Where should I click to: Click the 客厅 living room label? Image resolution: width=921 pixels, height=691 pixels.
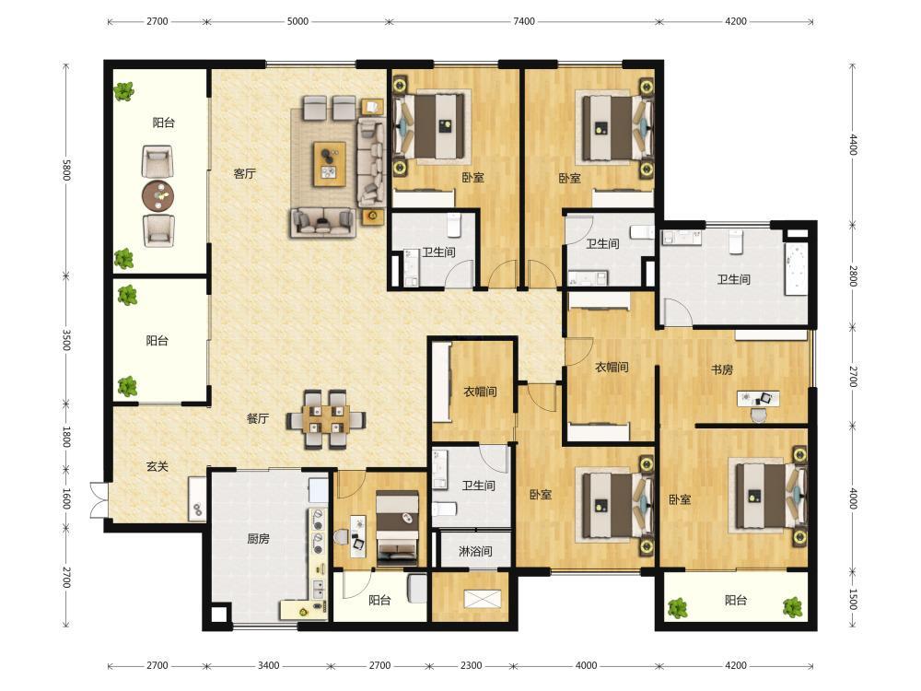coord(244,174)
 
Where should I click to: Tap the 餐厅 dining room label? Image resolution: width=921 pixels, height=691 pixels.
coord(258,419)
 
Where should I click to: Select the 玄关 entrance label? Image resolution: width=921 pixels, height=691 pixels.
coord(157,466)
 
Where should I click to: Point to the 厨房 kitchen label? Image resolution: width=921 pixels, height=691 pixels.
coord(259,538)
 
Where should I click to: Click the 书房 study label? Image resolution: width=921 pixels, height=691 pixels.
coord(722,369)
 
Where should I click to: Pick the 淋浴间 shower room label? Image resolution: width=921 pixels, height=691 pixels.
coord(475,552)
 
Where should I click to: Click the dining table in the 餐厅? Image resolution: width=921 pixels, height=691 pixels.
coord(326,419)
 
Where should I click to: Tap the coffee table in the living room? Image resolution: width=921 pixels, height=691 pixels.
coord(330,164)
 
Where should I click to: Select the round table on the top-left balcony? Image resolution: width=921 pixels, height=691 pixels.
coord(158,195)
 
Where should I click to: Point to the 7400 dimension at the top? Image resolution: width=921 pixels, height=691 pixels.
coord(524,21)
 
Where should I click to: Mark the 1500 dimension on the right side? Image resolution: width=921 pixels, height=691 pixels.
coord(853,599)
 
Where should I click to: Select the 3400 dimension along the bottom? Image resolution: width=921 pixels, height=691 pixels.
coord(268,665)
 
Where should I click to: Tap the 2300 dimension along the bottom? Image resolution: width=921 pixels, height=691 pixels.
coord(471,665)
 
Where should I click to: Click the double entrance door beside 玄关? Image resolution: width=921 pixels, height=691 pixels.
coord(99,500)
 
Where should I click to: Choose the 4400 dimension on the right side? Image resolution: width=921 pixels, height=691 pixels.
coord(853,145)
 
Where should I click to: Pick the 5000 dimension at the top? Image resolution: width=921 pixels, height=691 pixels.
coord(297,21)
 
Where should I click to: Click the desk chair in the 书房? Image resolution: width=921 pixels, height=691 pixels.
coord(759,415)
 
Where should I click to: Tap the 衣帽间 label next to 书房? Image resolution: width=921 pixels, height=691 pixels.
coord(612,368)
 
